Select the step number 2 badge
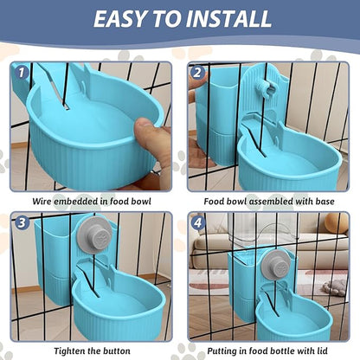coord(197,74)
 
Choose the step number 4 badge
coord(197,222)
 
